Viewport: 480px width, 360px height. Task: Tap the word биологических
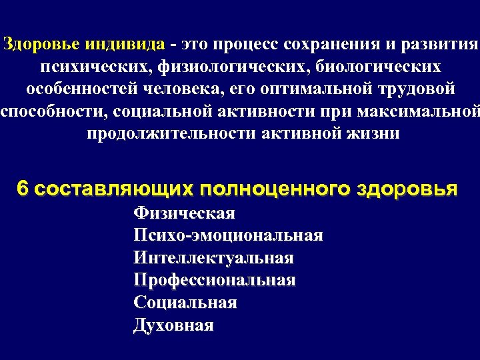click(x=378, y=67)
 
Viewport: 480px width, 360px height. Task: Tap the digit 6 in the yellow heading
click(x=23, y=189)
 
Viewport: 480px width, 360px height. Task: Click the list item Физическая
click(x=185, y=213)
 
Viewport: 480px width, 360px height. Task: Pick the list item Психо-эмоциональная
click(x=228, y=235)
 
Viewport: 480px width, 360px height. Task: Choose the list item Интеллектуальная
click(x=213, y=258)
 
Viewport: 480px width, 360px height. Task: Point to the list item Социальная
click(x=185, y=303)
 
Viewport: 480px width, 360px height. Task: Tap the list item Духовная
click(x=173, y=325)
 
